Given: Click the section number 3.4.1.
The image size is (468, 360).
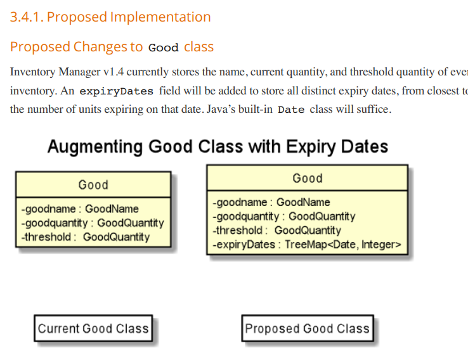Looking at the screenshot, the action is pyautogui.click(x=27, y=17).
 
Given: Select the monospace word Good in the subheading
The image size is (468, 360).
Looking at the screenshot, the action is pyautogui.click(x=163, y=48).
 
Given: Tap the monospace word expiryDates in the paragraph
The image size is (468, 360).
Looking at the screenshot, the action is pyautogui.click(x=117, y=91).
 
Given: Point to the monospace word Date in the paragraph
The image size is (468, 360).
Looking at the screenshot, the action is pyautogui.click(x=291, y=110).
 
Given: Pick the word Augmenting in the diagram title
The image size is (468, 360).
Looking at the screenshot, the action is pyautogui.click(x=94, y=147).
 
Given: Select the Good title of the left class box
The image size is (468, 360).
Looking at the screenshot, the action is pyautogui.click(x=93, y=185).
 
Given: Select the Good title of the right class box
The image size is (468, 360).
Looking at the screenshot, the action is pyautogui.click(x=308, y=178).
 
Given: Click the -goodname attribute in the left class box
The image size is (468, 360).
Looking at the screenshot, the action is pyautogui.click(x=48, y=209).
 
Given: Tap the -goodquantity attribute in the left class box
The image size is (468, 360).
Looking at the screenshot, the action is pyautogui.click(x=55, y=223).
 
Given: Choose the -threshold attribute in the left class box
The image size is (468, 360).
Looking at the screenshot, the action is pyautogui.click(x=46, y=237).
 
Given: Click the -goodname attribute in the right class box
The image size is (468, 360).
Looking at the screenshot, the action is pyautogui.click(x=240, y=203).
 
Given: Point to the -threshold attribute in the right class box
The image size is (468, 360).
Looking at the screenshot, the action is pyautogui.click(x=237, y=231).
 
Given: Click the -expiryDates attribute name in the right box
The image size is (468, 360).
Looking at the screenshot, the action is pyautogui.click(x=244, y=245).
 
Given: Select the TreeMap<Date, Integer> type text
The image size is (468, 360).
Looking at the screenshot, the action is pyautogui.click(x=343, y=245).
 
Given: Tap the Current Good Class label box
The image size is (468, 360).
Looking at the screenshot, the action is pyautogui.click(x=93, y=328).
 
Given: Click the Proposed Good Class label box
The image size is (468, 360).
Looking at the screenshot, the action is pyautogui.click(x=308, y=328).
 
